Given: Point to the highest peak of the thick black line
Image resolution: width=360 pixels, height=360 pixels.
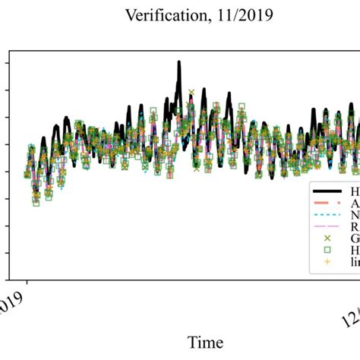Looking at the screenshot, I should coord(179,63).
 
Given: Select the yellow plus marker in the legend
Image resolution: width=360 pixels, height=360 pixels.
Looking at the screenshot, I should coord(327,261).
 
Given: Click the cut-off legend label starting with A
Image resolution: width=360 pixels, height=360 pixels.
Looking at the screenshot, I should coord(355,204).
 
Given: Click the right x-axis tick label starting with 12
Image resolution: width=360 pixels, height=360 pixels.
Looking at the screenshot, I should coord(349,311).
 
